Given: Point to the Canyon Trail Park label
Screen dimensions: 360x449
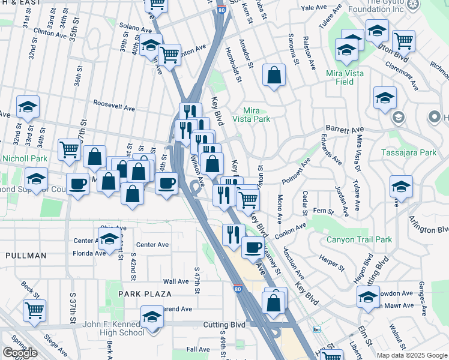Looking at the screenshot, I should pyautogui.click(x=359, y=239).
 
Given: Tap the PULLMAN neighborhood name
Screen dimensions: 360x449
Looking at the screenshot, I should pyautogui.click(x=26, y=256).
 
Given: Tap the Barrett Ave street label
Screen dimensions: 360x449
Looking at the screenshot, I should pyautogui.click(x=345, y=129).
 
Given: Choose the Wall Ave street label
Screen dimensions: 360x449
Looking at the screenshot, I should pyautogui.click(x=176, y=281).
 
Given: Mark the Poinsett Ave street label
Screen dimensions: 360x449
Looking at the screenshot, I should pyautogui.click(x=296, y=169).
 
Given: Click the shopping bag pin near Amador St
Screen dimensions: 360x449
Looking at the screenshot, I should pyautogui.click(x=274, y=76).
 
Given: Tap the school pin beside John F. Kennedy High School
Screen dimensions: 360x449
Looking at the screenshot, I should pyautogui.click(x=152, y=317).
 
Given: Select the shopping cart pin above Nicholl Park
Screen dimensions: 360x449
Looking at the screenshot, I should pyautogui.click(x=70, y=150).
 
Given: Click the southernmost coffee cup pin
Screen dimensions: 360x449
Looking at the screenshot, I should pyautogui.click(x=253, y=247).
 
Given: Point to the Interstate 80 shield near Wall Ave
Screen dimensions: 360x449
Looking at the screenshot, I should pyautogui.click(x=238, y=289).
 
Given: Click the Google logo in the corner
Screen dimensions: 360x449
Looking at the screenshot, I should pyautogui.click(x=20, y=353).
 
